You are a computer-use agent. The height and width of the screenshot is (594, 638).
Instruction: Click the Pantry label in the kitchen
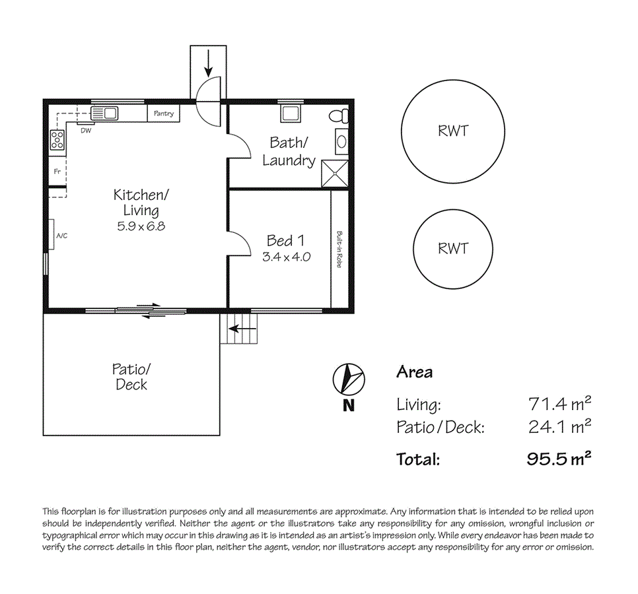tap(164, 114)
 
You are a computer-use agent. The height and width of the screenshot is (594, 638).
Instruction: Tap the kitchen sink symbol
tap(104, 114)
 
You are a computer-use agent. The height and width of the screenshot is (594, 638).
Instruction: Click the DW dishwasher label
tap(86, 130)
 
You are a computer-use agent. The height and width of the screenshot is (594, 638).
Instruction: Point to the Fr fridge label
tap(57, 172)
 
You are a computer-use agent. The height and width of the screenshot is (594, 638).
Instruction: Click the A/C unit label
tap(62, 236)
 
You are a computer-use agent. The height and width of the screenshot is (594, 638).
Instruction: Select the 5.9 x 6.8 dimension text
tap(141, 226)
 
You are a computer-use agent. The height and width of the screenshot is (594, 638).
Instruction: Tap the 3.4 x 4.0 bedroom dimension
tap(286, 257)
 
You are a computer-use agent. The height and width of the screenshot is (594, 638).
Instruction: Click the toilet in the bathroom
tap(339, 115)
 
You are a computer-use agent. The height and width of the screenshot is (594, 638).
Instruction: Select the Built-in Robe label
tap(339, 249)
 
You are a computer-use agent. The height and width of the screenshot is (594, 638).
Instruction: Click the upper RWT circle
tap(453, 131)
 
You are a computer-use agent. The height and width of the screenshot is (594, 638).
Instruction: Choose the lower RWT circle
tap(453, 248)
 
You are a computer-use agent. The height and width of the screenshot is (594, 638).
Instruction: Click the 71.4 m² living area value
tap(559, 403)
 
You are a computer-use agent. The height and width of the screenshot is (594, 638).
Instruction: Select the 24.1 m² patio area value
tap(559, 427)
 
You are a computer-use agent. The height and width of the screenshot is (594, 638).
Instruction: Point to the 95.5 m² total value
tap(558, 459)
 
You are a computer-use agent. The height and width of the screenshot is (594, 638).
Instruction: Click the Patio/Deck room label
tap(131, 376)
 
